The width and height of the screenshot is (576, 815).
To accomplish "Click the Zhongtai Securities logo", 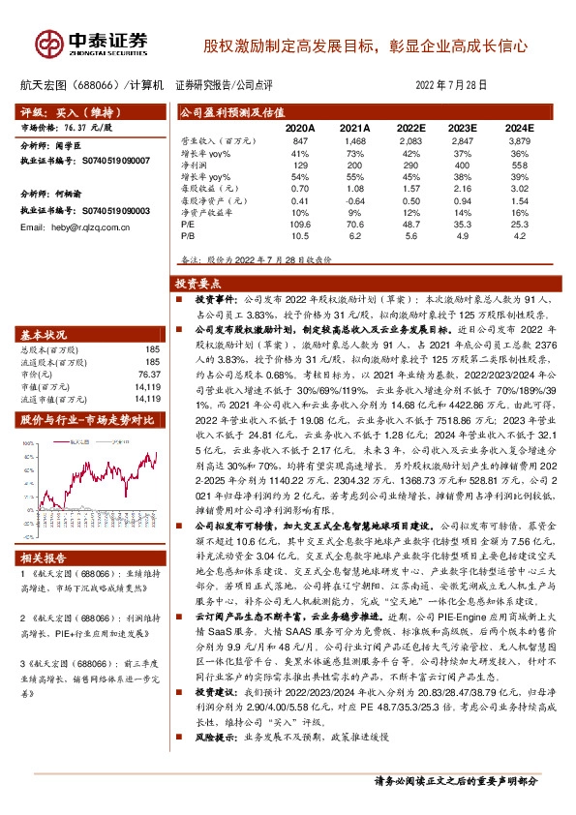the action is point(92,42).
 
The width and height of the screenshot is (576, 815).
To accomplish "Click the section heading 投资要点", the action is point(198,285).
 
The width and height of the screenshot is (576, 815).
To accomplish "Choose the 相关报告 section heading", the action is point(45,558).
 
